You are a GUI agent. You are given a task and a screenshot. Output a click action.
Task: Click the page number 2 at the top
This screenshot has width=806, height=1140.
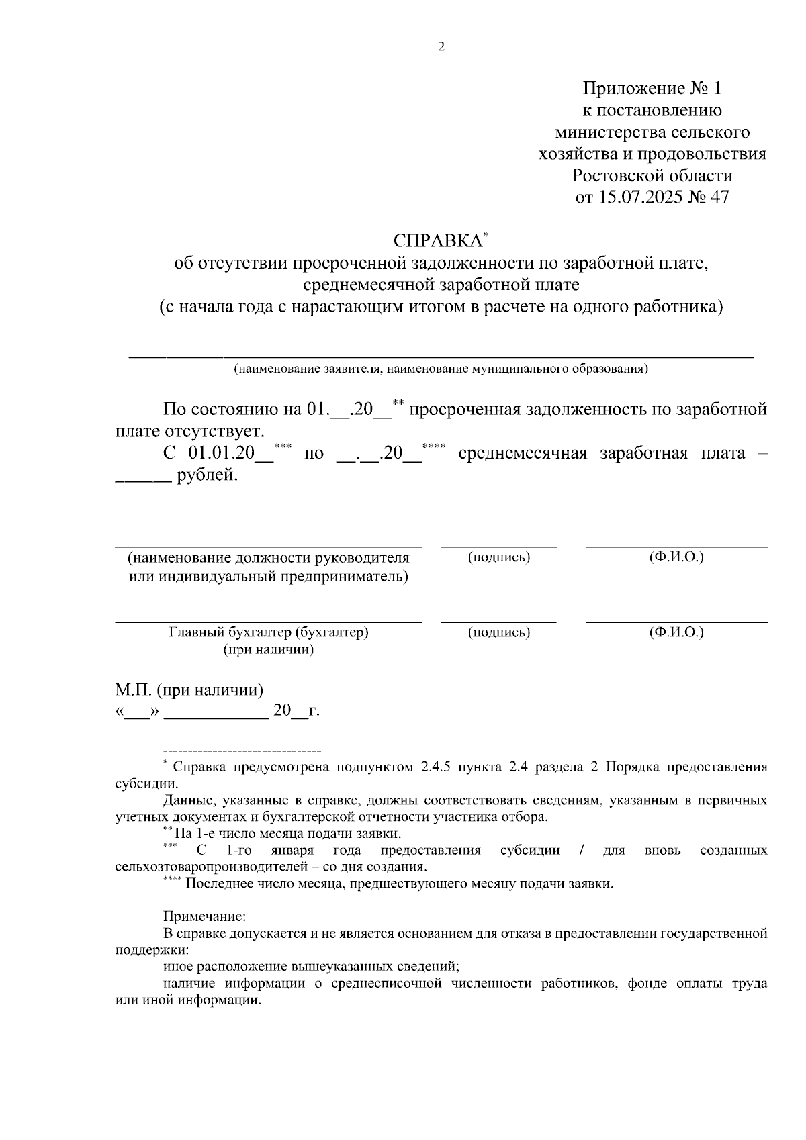point(441,47)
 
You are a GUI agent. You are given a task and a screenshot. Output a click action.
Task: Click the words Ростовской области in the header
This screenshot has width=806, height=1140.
point(652,176)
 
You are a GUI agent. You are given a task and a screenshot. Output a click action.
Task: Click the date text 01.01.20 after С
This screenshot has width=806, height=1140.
point(222,453)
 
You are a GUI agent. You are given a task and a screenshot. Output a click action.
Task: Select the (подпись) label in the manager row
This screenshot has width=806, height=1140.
point(498,557)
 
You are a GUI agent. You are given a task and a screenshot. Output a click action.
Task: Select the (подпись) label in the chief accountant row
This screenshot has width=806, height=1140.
point(498,632)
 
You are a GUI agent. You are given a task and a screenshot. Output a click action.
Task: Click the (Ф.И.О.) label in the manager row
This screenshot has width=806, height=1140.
point(676,557)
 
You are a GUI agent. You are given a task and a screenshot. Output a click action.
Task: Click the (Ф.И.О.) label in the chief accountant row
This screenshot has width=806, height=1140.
point(676,632)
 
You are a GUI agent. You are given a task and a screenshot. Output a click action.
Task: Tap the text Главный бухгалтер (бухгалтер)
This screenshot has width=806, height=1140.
point(269,632)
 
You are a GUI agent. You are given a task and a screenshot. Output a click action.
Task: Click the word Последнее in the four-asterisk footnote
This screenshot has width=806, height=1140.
point(214,884)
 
